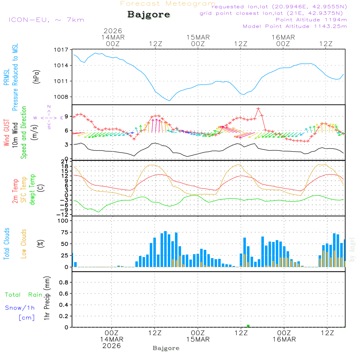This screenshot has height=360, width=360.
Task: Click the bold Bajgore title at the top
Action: pos(149,15)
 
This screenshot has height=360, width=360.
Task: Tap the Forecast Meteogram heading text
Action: pos(168,4)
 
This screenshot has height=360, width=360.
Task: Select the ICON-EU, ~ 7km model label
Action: pos(46,19)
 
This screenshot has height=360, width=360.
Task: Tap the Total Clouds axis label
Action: pos(6,244)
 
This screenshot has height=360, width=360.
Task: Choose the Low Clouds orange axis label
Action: pos(24,244)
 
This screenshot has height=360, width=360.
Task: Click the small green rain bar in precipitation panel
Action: pos(248,326)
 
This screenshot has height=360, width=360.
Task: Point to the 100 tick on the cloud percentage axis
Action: pos(63,221)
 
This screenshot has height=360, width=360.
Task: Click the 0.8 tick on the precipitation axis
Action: pos(63,283)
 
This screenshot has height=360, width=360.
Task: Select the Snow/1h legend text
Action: pos(20,308)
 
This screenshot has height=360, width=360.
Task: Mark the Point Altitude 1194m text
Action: pos(311,19)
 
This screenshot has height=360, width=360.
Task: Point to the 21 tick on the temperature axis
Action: pos(65,161)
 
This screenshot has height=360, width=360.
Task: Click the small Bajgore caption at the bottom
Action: pos(166,348)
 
